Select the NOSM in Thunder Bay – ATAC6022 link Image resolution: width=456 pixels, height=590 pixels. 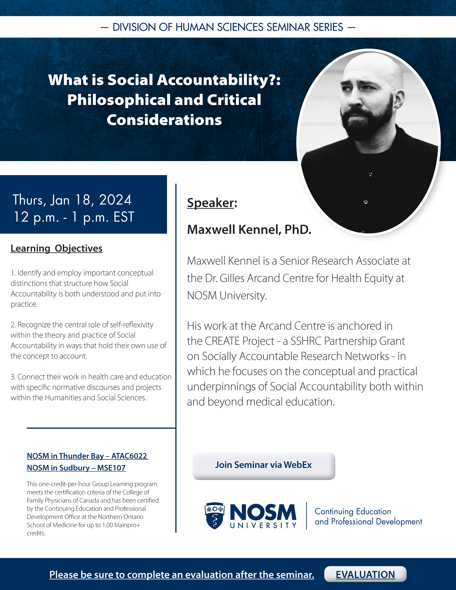[x=87, y=456]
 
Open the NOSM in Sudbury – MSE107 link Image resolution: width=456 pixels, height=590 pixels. [x=76, y=468]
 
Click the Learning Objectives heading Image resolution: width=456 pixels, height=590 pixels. [x=56, y=248]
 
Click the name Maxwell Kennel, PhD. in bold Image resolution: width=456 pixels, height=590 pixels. [x=249, y=230]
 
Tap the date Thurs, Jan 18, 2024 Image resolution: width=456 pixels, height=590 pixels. [x=72, y=200]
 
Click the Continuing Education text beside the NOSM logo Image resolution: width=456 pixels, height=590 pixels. [x=353, y=511]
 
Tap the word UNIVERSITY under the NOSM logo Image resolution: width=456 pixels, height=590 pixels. [x=263, y=525]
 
